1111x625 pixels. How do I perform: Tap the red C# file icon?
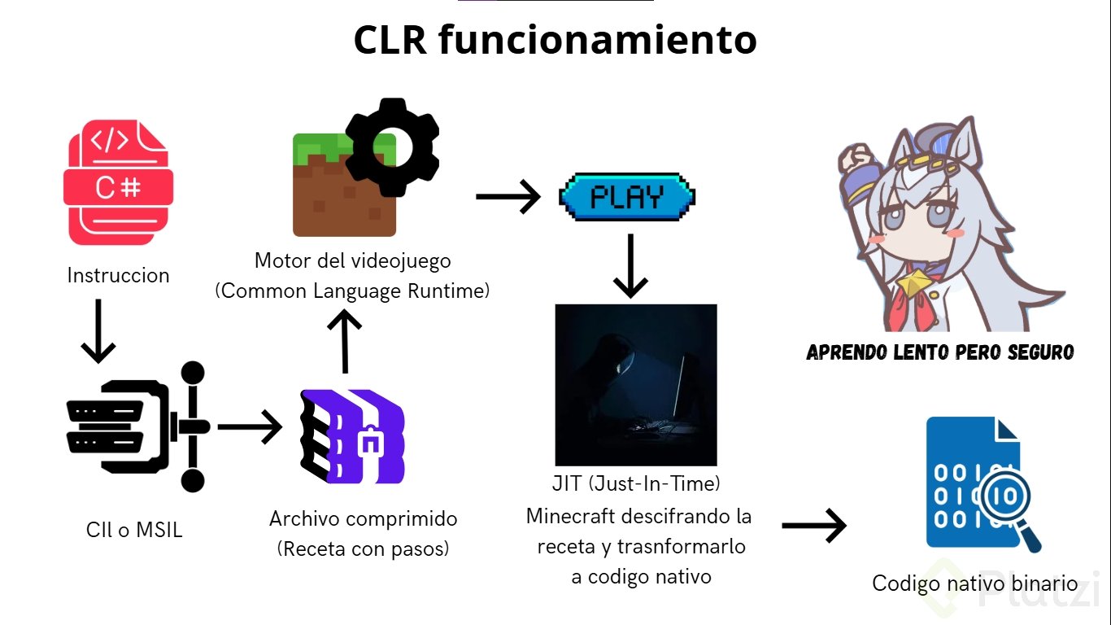(x=118, y=182)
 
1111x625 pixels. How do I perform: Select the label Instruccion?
(x=118, y=275)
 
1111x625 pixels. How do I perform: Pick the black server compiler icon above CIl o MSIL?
(x=135, y=427)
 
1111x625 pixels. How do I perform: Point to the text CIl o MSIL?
(x=134, y=531)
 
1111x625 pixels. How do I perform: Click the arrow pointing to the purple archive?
(x=249, y=427)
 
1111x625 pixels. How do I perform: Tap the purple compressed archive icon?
(x=353, y=437)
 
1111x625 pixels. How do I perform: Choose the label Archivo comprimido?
(x=363, y=519)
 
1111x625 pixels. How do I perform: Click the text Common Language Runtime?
(x=352, y=291)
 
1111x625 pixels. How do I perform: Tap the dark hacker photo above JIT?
(x=635, y=385)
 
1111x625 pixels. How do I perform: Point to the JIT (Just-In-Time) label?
(x=636, y=483)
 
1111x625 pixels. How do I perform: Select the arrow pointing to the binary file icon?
(x=813, y=527)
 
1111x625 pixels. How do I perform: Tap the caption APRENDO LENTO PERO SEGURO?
(x=939, y=352)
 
